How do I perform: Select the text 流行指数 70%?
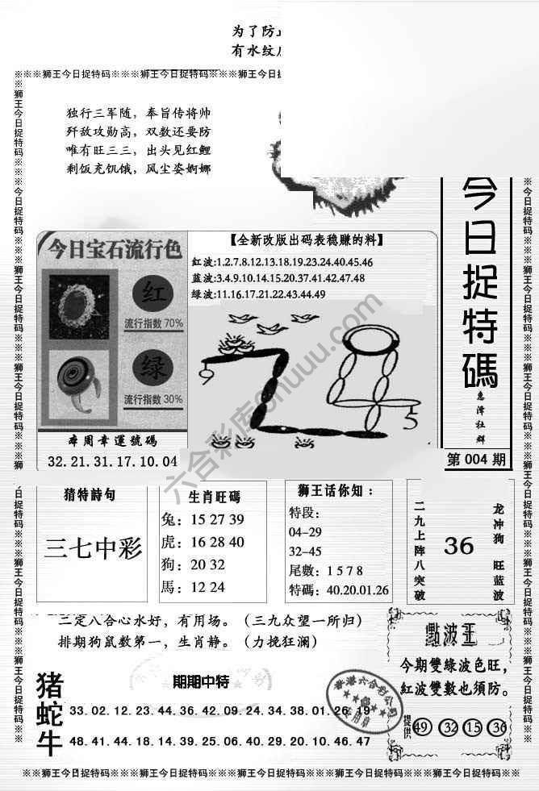click(x=153, y=323)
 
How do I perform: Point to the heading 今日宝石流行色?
click(x=113, y=247)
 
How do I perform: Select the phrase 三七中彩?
click(x=94, y=549)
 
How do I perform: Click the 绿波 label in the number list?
click(x=204, y=294)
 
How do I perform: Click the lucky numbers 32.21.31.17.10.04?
click(x=112, y=462)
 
